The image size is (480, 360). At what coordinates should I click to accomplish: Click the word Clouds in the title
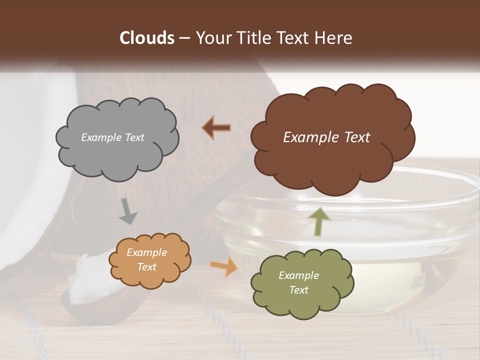[146, 38]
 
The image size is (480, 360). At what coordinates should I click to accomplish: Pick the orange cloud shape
[150, 260]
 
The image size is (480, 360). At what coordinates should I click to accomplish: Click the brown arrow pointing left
[216, 127]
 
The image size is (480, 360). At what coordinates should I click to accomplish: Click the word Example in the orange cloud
[146, 252]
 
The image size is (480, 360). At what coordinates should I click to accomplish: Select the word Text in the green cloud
[298, 290]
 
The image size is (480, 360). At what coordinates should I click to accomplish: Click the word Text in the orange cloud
[146, 267]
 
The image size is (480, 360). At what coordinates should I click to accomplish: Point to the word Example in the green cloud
[298, 275]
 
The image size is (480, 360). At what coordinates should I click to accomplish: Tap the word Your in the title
[210, 38]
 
